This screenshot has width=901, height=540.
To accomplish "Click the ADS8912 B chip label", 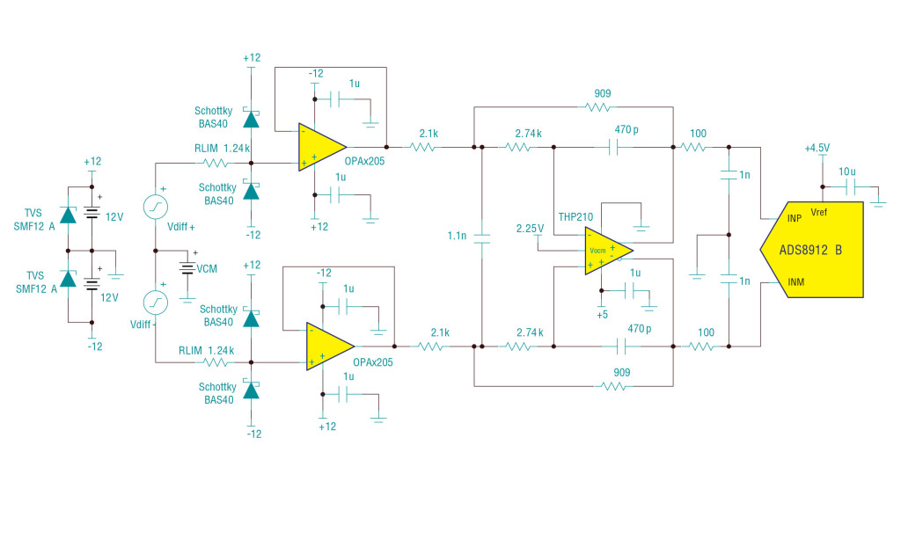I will [x=810, y=250].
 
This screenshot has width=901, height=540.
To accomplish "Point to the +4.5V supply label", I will [x=817, y=148].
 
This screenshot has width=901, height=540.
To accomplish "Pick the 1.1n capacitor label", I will [x=457, y=236].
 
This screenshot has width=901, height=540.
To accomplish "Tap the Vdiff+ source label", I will [x=180, y=226].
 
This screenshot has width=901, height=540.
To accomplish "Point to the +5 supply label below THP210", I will [x=602, y=314].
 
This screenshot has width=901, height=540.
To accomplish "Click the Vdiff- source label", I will [x=141, y=325].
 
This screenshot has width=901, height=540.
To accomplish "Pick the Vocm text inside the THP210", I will [x=597, y=250].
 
